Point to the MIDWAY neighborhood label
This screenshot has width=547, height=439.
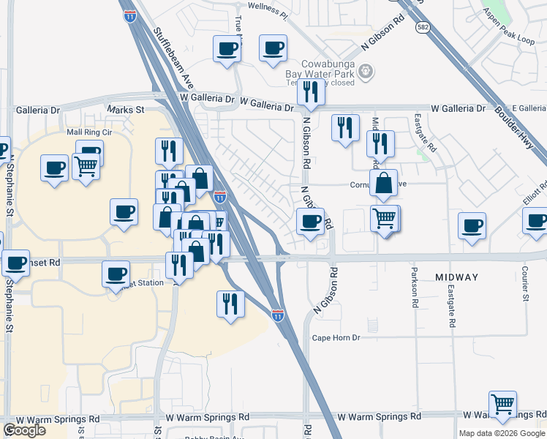pyautogui.click(x=456, y=277)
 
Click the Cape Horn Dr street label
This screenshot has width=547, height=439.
pyautogui.click(x=336, y=337)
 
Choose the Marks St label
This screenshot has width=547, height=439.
pyautogui.click(x=126, y=110)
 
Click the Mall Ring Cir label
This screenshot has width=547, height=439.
pyautogui.click(x=89, y=132)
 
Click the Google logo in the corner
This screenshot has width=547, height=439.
pyautogui.click(x=24, y=430)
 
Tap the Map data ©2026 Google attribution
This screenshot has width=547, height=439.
pyautogui.click(x=502, y=433)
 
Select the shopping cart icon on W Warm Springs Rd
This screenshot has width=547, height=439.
pyautogui.click(x=502, y=405)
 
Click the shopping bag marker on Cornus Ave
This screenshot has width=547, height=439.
pyautogui.click(x=383, y=184)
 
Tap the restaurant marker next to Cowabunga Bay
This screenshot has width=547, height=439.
pyautogui.click(x=311, y=91)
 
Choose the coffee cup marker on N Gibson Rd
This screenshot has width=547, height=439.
pyautogui.click(x=310, y=221)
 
